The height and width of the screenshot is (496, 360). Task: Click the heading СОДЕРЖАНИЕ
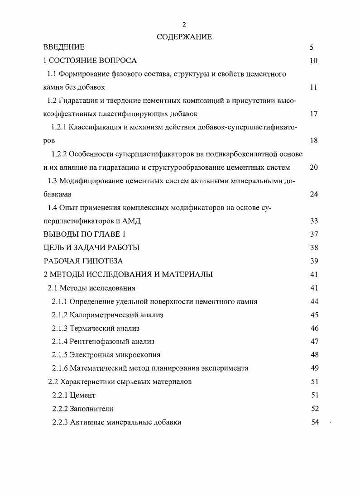click(x=184, y=37)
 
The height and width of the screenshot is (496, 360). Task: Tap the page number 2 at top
click(x=184, y=24)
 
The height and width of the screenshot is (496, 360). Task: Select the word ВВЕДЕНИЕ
click(x=64, y=47)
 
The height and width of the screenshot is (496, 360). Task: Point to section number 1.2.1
click(x=59, y=127)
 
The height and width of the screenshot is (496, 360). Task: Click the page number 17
click(x=314, y=114)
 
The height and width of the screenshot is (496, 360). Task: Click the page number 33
click(x=314, y=221)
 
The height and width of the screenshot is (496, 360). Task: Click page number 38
click(x=314, y=248)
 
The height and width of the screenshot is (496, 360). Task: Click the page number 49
click(x=314, y=368)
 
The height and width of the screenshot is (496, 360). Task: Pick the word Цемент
click(x=83, y=395)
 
